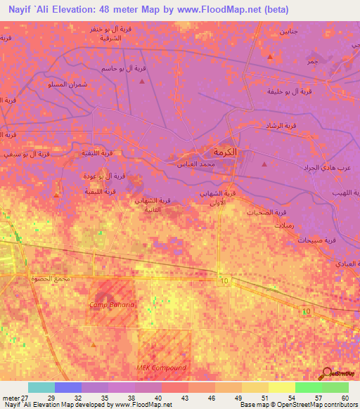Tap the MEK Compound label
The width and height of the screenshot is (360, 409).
[x=161, y=368]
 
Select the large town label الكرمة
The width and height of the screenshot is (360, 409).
[x=219, y=152]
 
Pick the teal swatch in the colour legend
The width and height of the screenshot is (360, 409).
[x=41, y=387]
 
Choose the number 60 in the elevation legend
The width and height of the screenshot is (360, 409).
[x=345, y=398]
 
